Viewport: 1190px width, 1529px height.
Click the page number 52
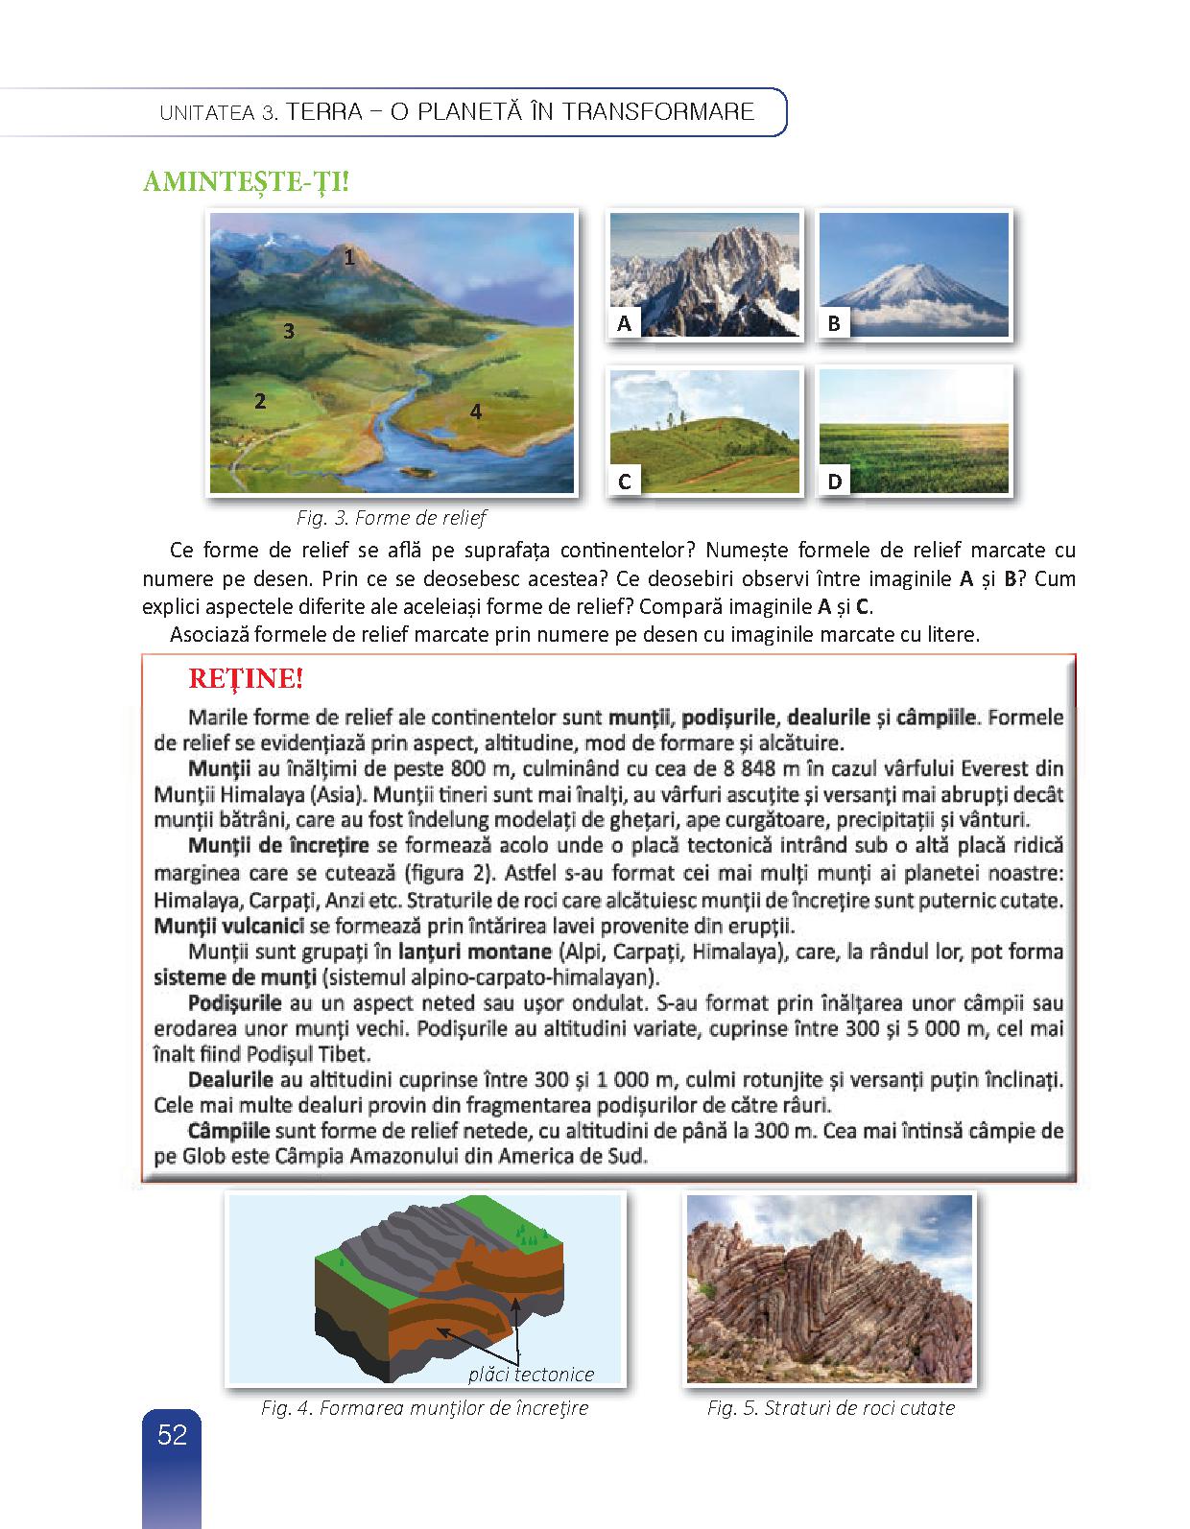[x=172, y=1435]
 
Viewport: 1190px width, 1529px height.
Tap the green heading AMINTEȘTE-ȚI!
[x=246, y=181]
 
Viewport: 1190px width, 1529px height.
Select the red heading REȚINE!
[x=246, y=679]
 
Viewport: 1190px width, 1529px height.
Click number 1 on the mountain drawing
[x=349, y=257]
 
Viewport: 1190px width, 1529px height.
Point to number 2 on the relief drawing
[x=260, y=401]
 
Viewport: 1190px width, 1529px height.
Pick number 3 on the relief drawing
[x=288, y=332]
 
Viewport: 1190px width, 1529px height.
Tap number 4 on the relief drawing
[x=475, y=412]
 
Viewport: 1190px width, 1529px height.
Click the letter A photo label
[x=625, y=324]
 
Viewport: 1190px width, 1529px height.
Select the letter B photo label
[x=834, y=324]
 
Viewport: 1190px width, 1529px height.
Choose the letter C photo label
[x=625, y=482]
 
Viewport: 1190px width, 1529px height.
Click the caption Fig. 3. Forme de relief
[x=392, y=518]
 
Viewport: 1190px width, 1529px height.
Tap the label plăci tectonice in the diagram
[x=531, y=1375]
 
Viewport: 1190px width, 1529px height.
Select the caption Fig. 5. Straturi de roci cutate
[x=831, y=1408]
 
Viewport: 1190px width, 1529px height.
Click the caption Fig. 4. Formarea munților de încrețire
[x=424, y=1408]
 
